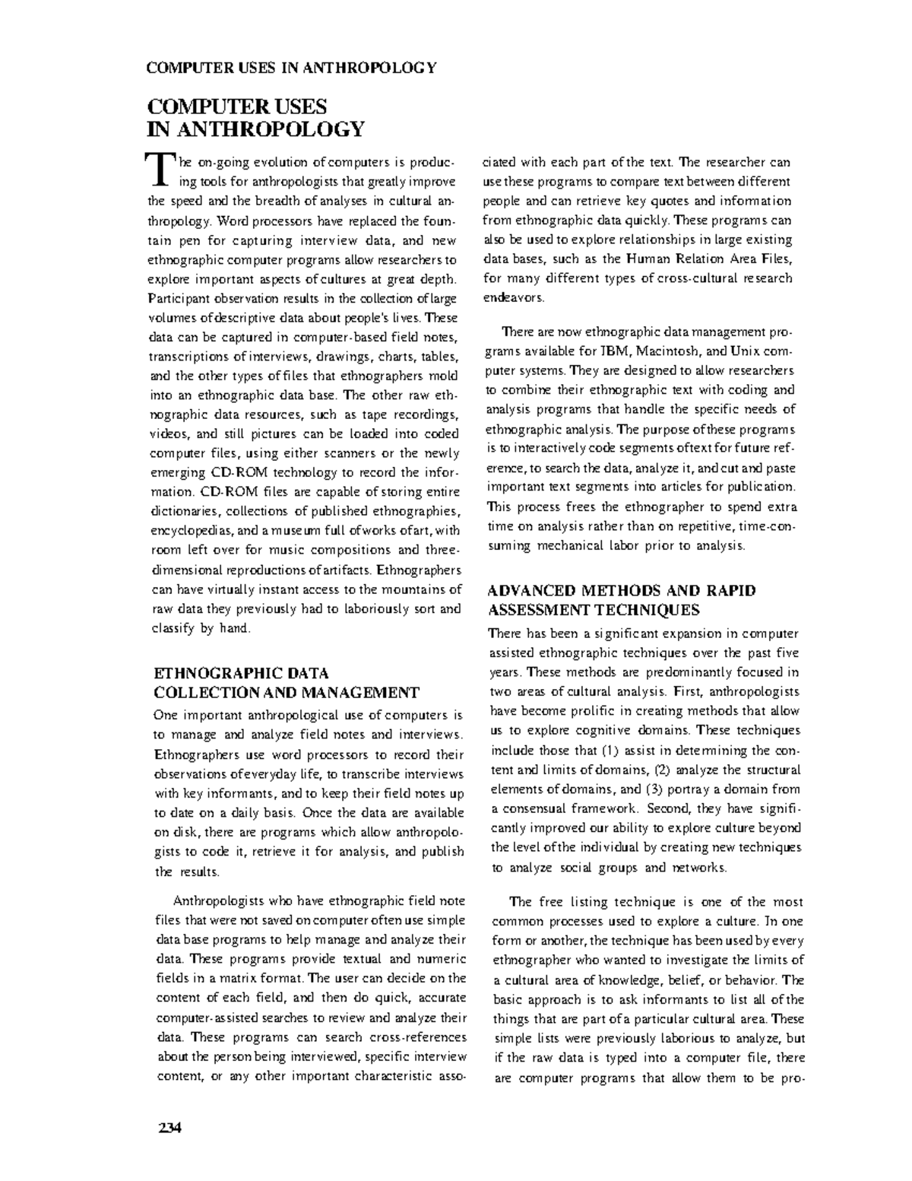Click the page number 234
(165, 1127)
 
